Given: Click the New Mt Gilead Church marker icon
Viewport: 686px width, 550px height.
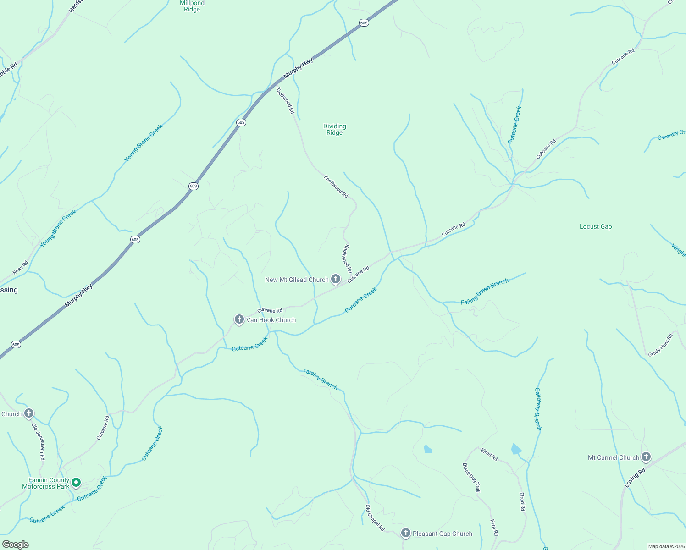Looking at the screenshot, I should coord(336,279).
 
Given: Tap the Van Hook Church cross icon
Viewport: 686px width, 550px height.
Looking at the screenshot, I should coord(239,319).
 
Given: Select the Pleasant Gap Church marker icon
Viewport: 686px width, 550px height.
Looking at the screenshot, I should coord(405,533).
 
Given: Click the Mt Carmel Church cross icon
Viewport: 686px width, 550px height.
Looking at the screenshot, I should coord(646,457).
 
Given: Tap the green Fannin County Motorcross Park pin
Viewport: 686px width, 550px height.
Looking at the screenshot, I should coord(77,482).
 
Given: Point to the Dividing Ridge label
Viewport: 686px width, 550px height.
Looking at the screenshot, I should coord(335,129).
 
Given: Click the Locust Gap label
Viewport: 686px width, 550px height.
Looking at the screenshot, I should coord(595,226).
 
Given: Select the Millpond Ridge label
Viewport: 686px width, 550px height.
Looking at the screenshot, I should coord(192,6).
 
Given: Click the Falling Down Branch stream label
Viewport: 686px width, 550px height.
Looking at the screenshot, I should coord(485,291).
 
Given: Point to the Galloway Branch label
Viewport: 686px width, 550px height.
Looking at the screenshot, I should coord(538,409).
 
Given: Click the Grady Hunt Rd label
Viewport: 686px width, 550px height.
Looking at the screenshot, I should coord(660,345).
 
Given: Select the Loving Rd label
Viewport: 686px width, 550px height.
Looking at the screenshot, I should coord(635,477).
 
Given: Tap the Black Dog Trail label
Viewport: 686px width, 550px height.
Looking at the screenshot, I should coord(471,478).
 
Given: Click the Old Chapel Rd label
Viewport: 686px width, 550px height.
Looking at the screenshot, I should coord(375,517).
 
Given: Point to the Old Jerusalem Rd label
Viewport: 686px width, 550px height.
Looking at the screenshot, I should coord(38,441).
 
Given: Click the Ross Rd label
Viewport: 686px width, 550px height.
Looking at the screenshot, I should coord(20,268).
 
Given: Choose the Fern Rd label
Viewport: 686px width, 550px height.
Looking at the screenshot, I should coord(494,527).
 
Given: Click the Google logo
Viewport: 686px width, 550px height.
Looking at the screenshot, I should coord(16,544).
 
